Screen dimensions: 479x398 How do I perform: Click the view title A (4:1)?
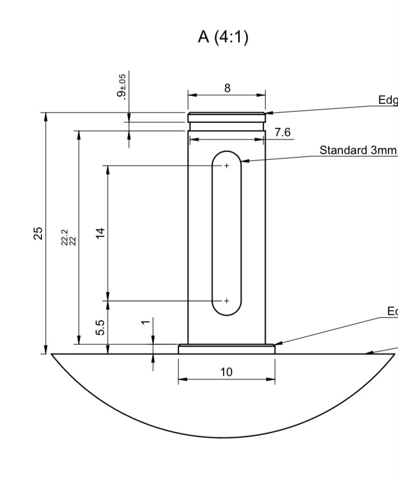point(223,39)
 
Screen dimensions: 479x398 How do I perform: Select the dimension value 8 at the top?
point(227,88)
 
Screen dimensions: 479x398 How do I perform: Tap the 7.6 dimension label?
point(283,132)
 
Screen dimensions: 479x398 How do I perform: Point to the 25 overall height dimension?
point(38,233)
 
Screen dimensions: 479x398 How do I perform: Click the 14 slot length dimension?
point(101,233)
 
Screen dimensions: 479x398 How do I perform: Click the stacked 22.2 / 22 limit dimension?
point(68,238)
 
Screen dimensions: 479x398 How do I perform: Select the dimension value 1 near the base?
point(145,323)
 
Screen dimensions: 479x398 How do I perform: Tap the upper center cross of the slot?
point(226,165)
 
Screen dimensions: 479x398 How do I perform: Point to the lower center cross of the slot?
point(226,301)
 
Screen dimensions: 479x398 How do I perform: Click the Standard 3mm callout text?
point(358,150)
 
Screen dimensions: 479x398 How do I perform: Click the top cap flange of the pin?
point(226,117)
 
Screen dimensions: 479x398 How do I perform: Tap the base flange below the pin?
point(226,349)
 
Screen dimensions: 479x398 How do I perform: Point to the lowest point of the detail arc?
point(222,438)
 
